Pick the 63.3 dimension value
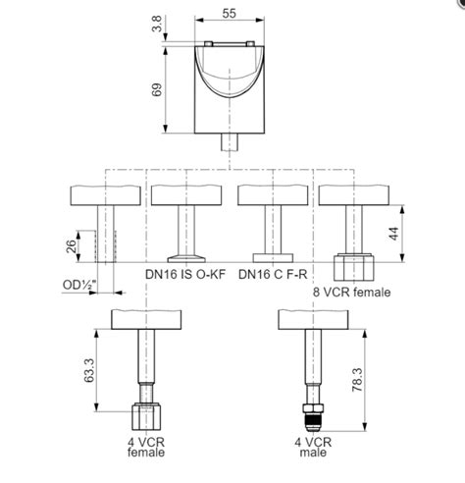coord(91,370)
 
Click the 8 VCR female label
coord(352,291)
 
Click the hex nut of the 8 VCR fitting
coord(352,268)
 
